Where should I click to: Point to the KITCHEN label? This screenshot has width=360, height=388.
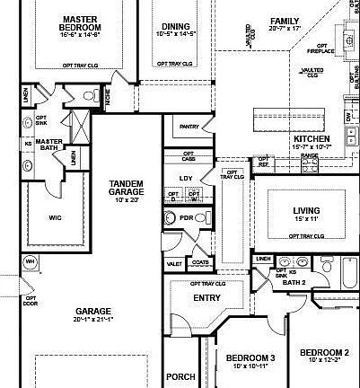click(x=310, y=138)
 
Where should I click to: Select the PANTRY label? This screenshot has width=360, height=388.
click(x=189, y=127)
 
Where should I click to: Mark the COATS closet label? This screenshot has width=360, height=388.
click(x=199, y=263)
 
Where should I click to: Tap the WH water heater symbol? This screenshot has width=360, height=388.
click(x=29, y=262)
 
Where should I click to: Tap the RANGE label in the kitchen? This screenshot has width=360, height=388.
click(x=309, y=155)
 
